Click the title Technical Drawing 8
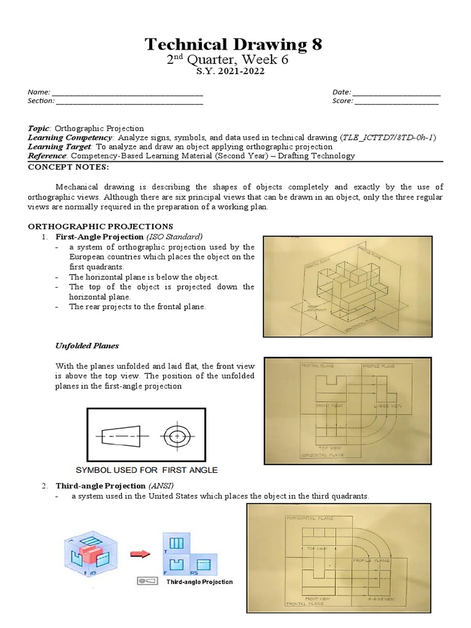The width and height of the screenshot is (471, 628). coord(232,44)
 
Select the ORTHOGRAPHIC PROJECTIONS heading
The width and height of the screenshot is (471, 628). coord(101,226)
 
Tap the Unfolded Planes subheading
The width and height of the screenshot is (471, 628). coord(87,346)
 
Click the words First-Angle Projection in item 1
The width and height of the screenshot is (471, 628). coord(90,237)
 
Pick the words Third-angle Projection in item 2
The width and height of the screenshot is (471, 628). coord(90,486)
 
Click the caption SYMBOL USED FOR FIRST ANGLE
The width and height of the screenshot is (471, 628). coord(146,470)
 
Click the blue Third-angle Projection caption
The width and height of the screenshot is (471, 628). coord(199,581)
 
